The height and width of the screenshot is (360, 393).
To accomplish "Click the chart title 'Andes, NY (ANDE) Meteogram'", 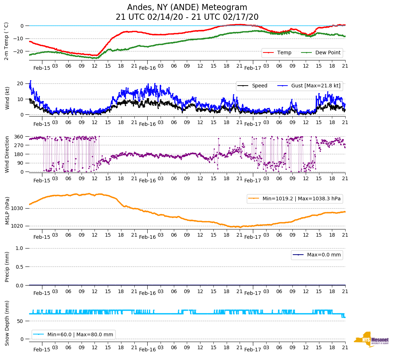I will pyautogui.click(x=187, y=8).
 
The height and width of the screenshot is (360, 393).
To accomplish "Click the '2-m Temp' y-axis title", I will pyautogui.click(x=6, y=41).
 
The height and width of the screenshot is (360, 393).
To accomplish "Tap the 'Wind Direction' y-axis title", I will pyautogui.click(x=7, y=154).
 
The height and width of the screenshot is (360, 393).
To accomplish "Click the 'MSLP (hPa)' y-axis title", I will pyautogui.click(x=7, y=211).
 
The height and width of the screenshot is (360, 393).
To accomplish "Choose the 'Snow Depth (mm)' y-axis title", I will pyautogui.click(x=7, y=323).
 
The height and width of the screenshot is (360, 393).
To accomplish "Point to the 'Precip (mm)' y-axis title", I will pyautogui.click(x=7, y=267).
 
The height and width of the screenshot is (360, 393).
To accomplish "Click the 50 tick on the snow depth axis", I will pyautogui.click(x=21, y=321).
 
